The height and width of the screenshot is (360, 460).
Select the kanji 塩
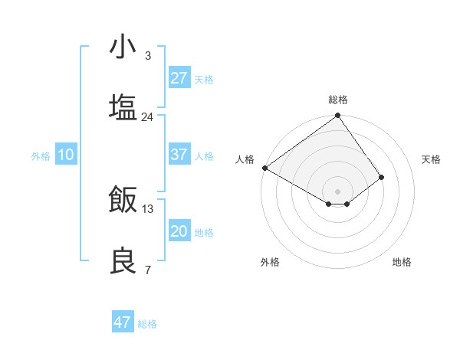[123, 106]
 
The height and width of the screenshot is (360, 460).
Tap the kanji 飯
[123, 200]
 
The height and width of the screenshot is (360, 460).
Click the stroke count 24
[147, 117]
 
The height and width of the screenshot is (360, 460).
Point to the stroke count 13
[147, 208]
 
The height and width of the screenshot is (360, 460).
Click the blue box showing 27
[179, 77]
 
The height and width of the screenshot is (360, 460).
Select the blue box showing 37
[179, 155]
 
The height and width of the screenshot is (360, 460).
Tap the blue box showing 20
[179, 231]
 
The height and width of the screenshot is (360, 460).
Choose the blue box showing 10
[66, 155]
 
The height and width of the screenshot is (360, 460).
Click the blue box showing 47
[123, 322]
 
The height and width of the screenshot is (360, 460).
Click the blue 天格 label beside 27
[204, 79]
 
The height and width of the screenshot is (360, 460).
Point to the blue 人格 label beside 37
[204, 155]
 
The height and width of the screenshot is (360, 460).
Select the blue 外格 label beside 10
[41, 155]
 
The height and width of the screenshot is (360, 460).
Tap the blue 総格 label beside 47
[147, 324]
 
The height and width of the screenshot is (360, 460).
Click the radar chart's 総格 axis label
[338, 100]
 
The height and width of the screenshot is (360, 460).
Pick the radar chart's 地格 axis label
[402, 262]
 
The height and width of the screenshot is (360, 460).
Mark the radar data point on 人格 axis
[264, 168]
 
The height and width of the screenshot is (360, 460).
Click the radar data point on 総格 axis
[338, 116]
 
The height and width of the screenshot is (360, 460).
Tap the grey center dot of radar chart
[338, 191]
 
